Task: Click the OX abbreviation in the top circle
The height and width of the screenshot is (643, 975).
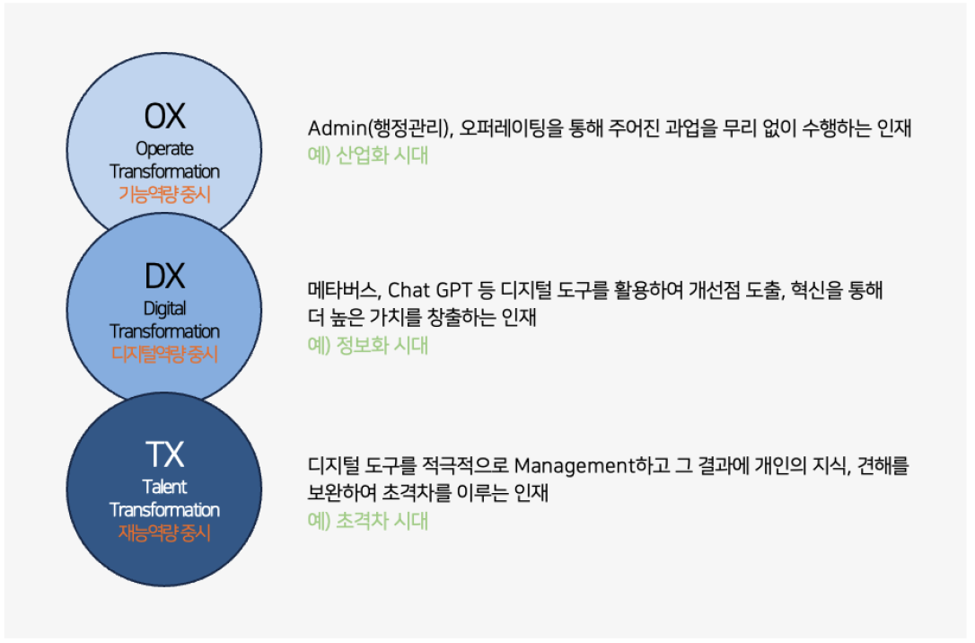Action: pyautogui.click(x=165, y=116)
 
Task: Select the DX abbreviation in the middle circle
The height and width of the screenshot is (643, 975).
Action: pyautogui.click(x=165, y=276)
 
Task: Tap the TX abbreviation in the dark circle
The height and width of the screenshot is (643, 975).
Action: pyautogui.click(x=165, y=454)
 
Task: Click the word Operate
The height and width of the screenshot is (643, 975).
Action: pyautogui.click(x=165, y=148)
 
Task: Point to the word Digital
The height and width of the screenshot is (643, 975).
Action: pyautogui.click(x=165, y=308)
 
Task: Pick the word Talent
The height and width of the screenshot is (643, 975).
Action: pyautogui.click(x=165, y=487)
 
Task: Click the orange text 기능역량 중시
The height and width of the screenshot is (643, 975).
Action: pyautogui.click(x=165, y=194)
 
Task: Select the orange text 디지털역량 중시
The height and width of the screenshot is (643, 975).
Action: pyautogui.click(x=165, y=354)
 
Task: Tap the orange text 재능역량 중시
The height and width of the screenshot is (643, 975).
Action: pyautogui.click(x=165, y=533)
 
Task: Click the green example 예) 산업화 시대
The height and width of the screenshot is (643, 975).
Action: pyautogui.click(x=368, y=155)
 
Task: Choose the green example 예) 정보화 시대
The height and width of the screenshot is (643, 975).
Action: pyautogui.click(x=368, y=345)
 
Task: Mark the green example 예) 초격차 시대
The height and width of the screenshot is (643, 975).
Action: pyautogui.click(x=368, y=521)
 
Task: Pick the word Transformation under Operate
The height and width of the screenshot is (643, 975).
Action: pyautogui.click(x=165, y=171)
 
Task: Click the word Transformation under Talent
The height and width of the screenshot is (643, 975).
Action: pyautogui.click(x=165, y=510)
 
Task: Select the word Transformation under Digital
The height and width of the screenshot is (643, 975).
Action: pyautogui.click(x=165, y=331)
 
